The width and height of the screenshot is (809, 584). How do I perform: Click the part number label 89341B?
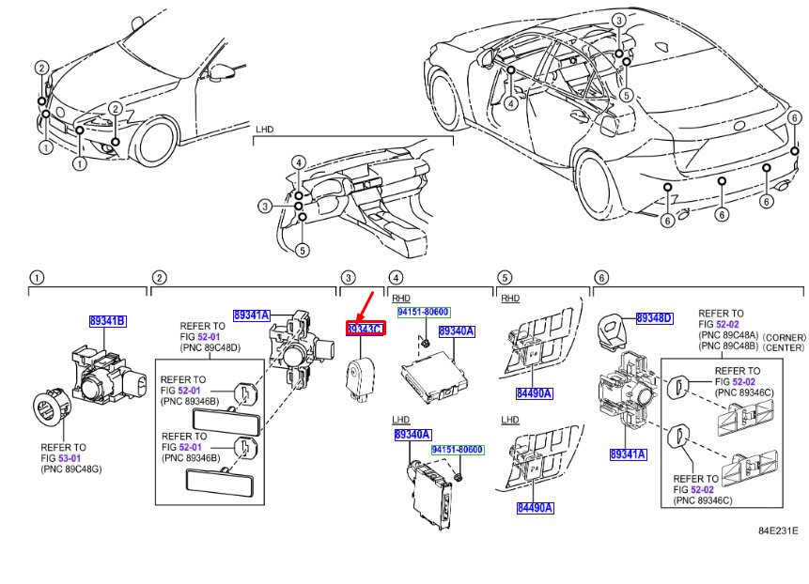(x=107, y=321)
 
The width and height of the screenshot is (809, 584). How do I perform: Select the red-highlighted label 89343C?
(x=366, y=329)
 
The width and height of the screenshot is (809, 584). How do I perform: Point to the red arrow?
(x=365, y=307)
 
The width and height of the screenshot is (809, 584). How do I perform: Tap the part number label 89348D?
(x=654, y=318)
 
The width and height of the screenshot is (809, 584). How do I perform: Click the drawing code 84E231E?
(x=778, y=530)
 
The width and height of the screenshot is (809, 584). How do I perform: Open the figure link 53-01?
(x=70, y=458)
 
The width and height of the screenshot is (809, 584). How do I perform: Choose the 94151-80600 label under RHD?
(x=423, y=313)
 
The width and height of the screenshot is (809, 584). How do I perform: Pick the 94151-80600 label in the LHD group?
(x=458, y=450)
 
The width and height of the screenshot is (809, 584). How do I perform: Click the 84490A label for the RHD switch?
(x=535, y=393)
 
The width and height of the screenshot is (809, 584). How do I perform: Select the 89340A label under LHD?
(x=412, y=435)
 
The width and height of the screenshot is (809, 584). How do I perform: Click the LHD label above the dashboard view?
(x=264, y=130)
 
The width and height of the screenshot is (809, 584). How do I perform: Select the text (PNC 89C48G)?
(x=71, y=469)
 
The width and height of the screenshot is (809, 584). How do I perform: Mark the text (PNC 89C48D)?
(x=210, y=348)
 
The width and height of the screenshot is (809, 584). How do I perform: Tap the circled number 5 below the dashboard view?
(x=303, y=251)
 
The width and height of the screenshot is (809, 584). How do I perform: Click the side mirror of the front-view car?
(x=219, y=71)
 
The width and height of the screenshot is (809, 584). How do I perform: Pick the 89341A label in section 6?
(x=628, y=454)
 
